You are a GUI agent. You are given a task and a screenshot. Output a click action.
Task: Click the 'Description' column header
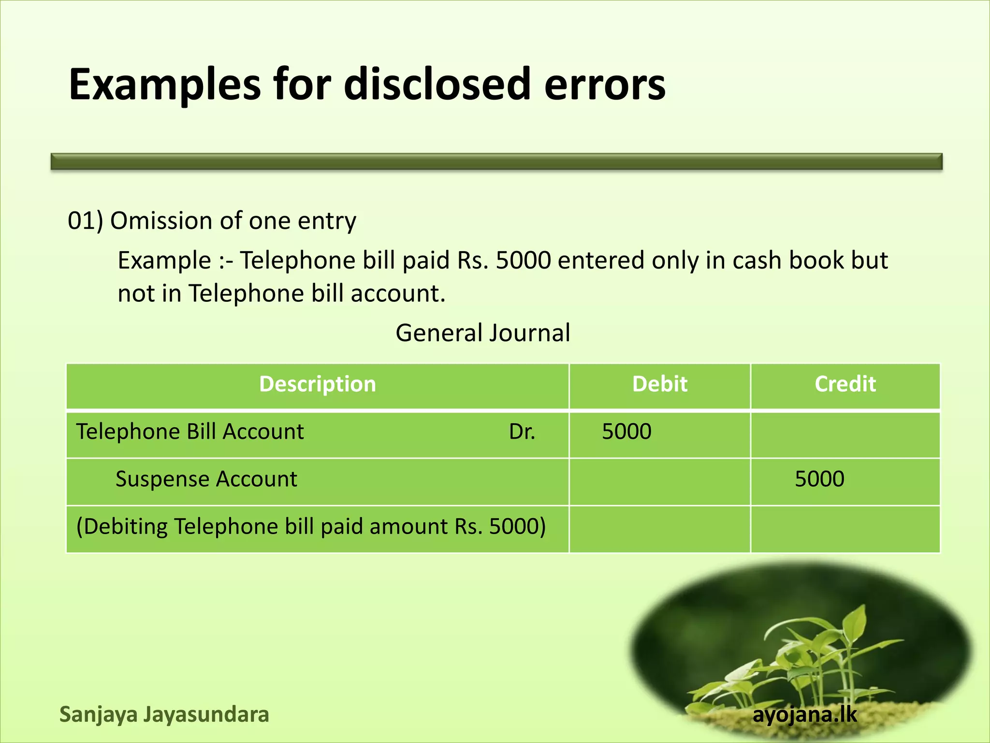(x=317, y=384)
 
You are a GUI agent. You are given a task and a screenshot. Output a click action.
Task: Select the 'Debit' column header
(x=659, y=384)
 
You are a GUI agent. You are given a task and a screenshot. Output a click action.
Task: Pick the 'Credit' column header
(x=845, y=384)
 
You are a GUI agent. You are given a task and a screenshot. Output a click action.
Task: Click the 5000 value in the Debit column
(x=626, y=431)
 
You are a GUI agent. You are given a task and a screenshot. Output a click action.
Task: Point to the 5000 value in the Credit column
(x=819, y=479)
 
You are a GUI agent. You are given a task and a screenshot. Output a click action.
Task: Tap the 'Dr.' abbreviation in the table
(x=522, y=431)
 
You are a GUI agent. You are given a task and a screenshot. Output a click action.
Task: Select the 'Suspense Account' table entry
(x=206, y=479)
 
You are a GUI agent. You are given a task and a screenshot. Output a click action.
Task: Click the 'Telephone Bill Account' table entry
(x=190, y=431)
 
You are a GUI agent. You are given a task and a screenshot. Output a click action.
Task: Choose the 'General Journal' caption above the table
(x=482, y=333)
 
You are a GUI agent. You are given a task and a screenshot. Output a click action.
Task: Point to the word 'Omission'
(x=161, y=221)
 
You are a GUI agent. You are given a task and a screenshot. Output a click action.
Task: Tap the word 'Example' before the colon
(x=164, y=261)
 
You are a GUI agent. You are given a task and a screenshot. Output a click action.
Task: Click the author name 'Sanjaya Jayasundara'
(x=164, y=714)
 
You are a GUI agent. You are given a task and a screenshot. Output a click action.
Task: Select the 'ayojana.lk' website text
(x=804, y=714)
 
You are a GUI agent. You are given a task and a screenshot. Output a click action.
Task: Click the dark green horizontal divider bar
(x=496, y=162)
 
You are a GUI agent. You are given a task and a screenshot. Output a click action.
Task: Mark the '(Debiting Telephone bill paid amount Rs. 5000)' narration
(x=311, y=526)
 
